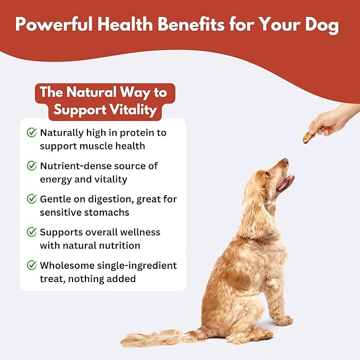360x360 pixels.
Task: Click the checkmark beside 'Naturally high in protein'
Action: tap(32, 132)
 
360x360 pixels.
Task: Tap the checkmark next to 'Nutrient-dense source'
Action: tap(32, 166)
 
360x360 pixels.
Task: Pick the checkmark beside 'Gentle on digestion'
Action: tap(32, 199)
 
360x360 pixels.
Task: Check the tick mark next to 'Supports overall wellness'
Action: tap(32, 232)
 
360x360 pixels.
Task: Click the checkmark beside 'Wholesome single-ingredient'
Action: tap(32, 265)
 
